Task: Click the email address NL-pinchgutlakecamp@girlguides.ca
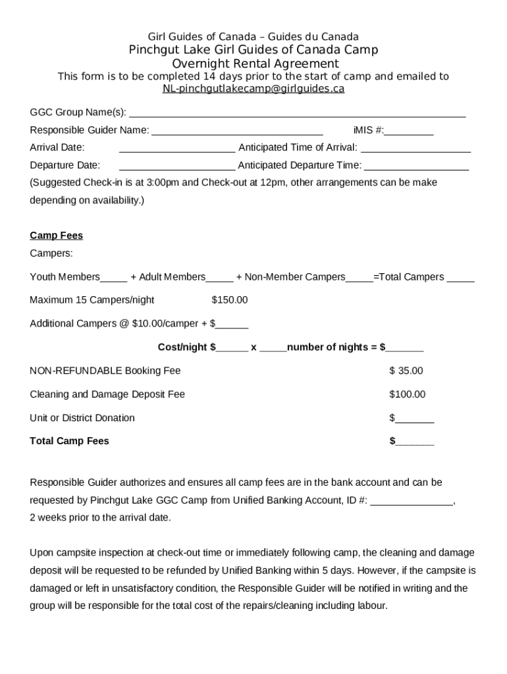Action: (x=254, y=89)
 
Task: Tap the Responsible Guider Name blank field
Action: (x=237, y=131)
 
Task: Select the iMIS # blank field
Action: (x=409, y=131)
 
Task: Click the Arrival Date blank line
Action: (x=176, y=148)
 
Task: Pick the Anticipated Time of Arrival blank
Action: (x=415, y=148)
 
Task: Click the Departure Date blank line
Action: (x=176, y=166)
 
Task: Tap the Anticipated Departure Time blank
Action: (x=416, y=166)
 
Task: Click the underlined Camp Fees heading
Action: (x=56, y=236)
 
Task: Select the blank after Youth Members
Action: (x=114, y=278)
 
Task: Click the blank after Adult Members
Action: (x=219, y=278)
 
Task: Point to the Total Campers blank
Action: (x=460, y=278)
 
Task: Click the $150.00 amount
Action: (x=229, y=300)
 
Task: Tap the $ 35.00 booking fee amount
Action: (x=406, y=371)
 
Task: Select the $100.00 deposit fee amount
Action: (x=407, y=394)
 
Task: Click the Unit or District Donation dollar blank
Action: (x=414, y=419)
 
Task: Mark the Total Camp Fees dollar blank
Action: (x=414, y=442)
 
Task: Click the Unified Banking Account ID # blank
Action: (x=412, y=501)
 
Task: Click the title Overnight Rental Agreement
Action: (x=255, y=64)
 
